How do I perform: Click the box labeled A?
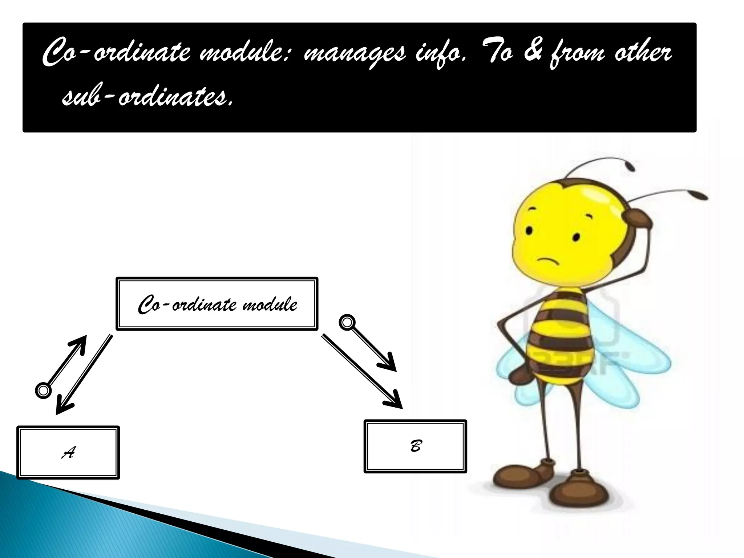click(68, 452)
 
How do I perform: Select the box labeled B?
click(415, 446)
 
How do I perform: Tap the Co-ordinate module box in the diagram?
click(217, 304)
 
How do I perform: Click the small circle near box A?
click(43, 390)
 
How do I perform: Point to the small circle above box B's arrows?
click(347, 323)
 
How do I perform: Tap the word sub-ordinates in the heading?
click(146, 96)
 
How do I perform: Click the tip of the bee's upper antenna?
click(630, 167)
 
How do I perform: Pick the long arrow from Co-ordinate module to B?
click(361, 371)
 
